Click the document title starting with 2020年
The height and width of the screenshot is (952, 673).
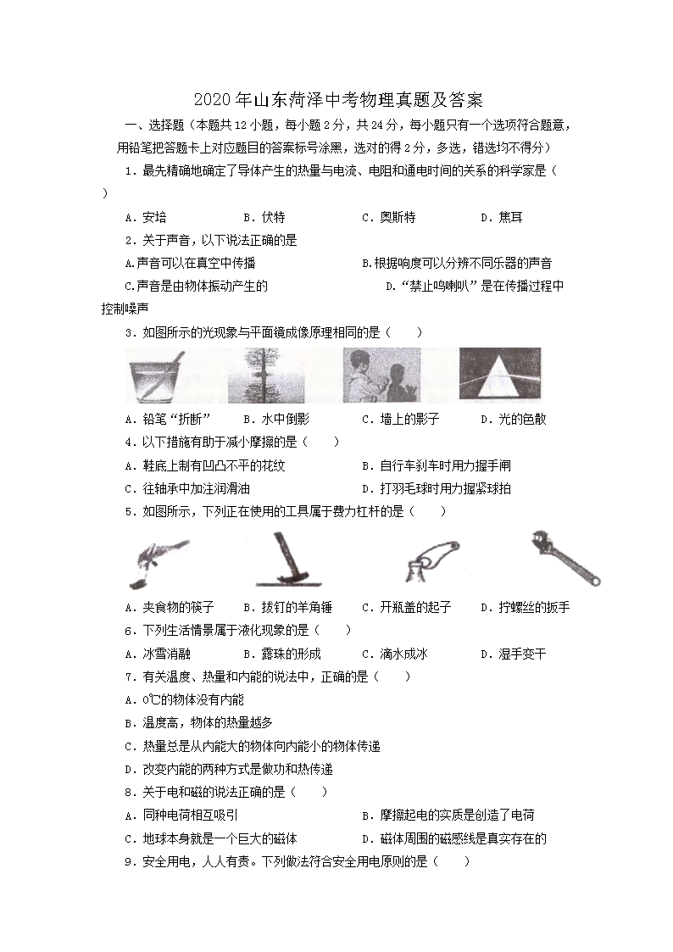[x=337, y=100]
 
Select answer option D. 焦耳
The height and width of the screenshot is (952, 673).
[x=501, y=217]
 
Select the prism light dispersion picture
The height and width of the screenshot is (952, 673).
[x=499, y=375]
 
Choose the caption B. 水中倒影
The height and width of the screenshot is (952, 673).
[x=275, y=419]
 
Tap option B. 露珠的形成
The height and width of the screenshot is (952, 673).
[x=281, y=654]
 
